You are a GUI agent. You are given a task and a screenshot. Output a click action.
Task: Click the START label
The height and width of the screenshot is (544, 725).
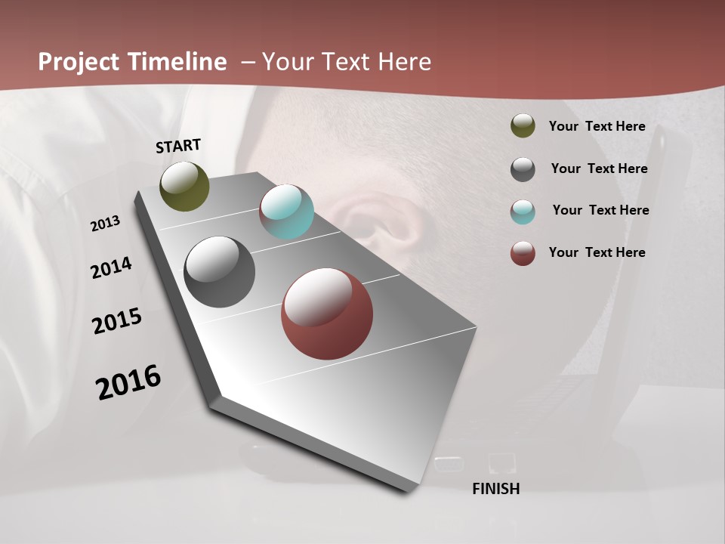tap(178, 145)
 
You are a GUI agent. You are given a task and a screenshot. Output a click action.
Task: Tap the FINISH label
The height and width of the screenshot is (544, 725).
tap(495, 489)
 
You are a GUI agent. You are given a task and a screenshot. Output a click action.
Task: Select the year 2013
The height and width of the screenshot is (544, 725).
tap(105, 224)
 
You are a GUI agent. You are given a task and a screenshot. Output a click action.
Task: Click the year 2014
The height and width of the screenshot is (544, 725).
tap(111, 267)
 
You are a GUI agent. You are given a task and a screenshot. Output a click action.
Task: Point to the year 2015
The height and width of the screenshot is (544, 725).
tap(117, 321)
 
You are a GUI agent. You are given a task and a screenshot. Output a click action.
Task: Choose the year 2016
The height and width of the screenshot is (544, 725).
tap(128, 382)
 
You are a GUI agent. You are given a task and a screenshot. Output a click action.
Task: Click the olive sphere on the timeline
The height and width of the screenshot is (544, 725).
tap(184, 186)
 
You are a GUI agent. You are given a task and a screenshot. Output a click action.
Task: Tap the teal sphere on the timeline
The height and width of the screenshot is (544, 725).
tap(286, 212)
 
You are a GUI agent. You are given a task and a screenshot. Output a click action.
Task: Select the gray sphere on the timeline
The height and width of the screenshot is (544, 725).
tap(219, 272)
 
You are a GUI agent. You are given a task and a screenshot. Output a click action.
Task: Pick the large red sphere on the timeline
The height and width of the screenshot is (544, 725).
tap(327, 314)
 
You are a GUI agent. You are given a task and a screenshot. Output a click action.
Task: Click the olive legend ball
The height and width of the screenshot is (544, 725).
tap(523, 126)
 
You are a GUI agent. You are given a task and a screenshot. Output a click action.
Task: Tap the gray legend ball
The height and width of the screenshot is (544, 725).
tap(523, 169)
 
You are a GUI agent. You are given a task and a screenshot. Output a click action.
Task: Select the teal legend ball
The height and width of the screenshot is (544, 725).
tap(523, 212)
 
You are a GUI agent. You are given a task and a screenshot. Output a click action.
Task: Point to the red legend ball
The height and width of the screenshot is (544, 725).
tap(523, 253)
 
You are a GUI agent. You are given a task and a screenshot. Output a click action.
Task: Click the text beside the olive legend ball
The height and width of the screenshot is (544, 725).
tap(597, 126)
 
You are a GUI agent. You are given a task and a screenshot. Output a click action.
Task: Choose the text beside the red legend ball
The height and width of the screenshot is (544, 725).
tap(597, 252)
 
